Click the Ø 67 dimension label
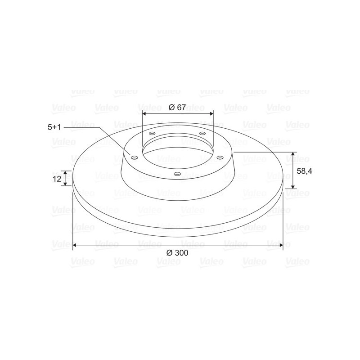177,107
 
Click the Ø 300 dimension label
177,253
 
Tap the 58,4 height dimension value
304,171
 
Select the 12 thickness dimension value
57,179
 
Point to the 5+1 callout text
54,127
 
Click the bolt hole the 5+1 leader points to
134,157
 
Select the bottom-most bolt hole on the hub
177,174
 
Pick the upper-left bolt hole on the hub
152,133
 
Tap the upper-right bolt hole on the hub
202,133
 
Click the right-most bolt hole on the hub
220,157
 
